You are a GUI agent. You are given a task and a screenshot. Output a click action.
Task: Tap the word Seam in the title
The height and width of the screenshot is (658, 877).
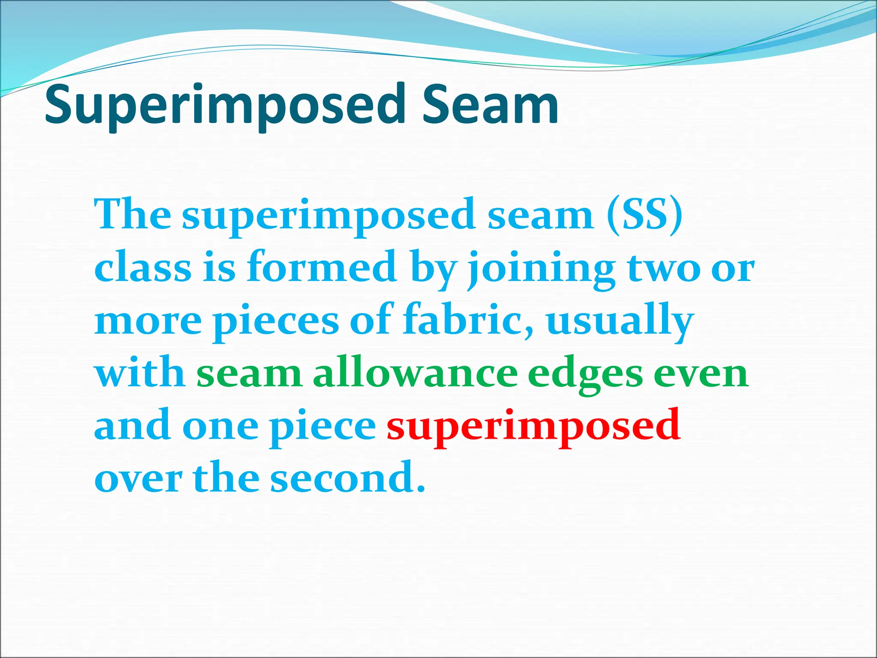pos(490,105)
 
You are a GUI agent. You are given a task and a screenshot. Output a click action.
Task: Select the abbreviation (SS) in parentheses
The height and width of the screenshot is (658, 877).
pos(644,214)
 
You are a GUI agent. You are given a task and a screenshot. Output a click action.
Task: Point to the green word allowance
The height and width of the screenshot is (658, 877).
pos(415,374)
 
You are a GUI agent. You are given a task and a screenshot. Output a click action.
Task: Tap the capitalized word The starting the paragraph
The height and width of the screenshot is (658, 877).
pos(132,214)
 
